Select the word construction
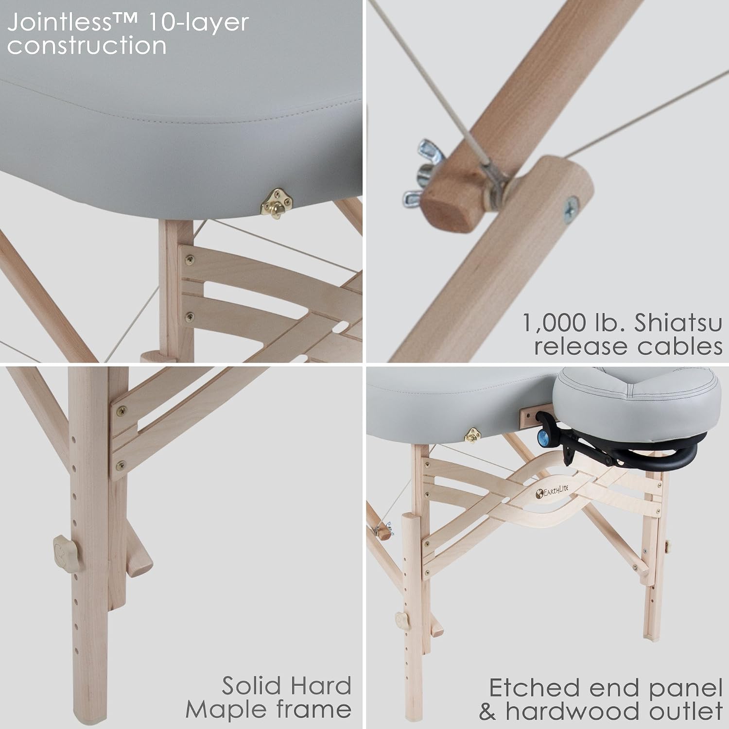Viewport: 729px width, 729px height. [x=87, y=45]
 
